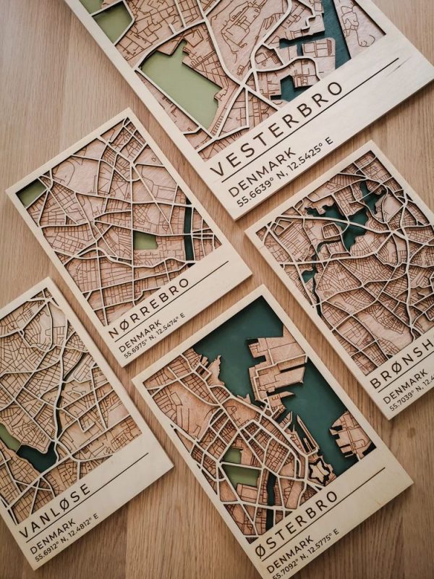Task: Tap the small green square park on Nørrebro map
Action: pyautogui.click(x=145, y=241)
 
